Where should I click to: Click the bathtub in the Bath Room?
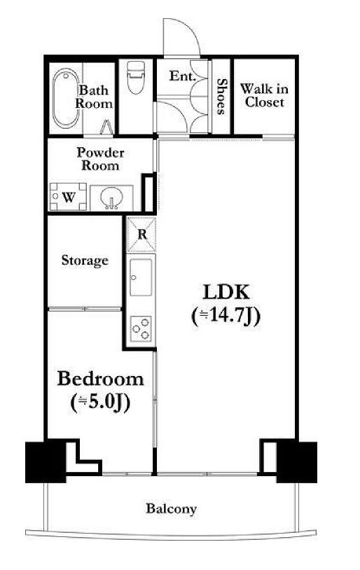click(x=65, y=98)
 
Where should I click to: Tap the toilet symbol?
click(x=136, y=77)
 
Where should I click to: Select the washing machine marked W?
click(x=68, y=197)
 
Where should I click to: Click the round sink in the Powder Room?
click(x=111, y=197)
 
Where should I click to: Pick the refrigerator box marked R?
click(x=141, y=234)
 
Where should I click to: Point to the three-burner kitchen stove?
click(x=141, y=329)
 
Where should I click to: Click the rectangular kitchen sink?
click(x=141, y=277)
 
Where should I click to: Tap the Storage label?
click(x=85, y=260)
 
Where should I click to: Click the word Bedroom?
click(x=100, y=379)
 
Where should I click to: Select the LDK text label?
click(x=226, y=292)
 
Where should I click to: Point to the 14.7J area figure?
click(x=226, y=316)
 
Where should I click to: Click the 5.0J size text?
click(x=100, y=403)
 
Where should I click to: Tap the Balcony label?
click(x=172, y=508)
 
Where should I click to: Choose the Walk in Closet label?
click(x=264, y=95)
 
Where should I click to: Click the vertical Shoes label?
click(x=221, y=97)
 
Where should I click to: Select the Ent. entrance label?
click(x=183, y=76)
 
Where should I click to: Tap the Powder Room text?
click(x=100, y=159)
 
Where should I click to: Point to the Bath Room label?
click(x=94, y=97)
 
